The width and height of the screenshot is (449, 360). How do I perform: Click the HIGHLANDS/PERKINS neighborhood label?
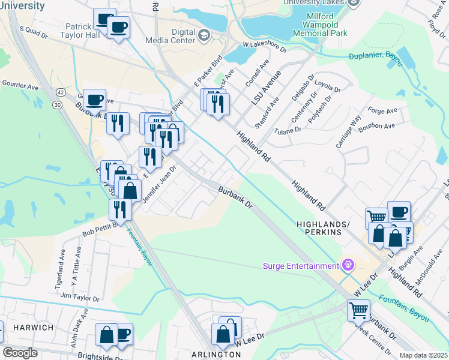[323, 227]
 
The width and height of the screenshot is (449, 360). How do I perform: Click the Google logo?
[20, 353]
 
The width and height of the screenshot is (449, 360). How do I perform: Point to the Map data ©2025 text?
[423, 355]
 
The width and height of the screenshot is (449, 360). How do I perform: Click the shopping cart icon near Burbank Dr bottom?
[358, 311]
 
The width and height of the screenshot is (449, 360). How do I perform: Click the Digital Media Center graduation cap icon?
[203, 36]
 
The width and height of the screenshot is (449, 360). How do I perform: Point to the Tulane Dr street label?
[287, 130]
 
